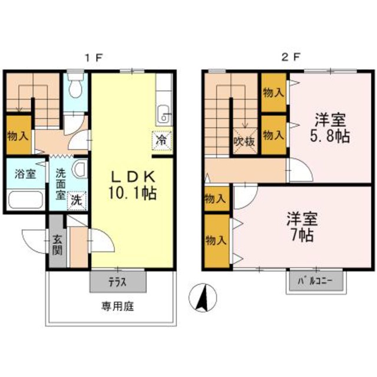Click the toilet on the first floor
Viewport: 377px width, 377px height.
(75, 85)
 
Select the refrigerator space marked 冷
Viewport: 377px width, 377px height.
(161, 141)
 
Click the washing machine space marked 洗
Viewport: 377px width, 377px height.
(77, 200)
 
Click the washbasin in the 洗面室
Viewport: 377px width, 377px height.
(80, 168)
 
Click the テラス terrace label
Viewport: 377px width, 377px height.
(117, 282)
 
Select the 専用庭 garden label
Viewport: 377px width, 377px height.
(117, 306)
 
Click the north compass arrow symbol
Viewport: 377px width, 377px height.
(203, 297)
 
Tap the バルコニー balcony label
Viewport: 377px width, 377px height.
(315, 281)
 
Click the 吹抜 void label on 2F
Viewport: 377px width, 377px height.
(244, 142)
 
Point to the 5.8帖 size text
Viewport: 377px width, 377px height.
(329, 137)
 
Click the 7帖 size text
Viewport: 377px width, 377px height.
(302, 235)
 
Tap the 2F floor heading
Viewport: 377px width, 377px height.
(290, 58)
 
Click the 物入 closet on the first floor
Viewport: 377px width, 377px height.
(18, 136)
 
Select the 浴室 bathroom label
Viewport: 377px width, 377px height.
(25, 174)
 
